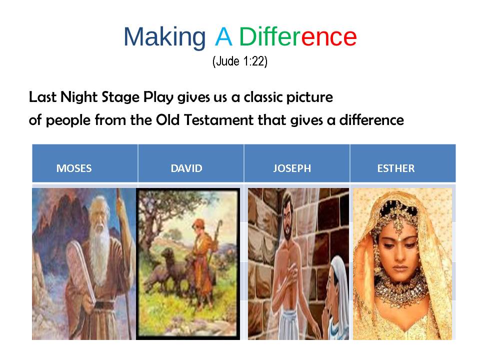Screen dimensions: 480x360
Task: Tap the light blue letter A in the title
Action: (223, 36)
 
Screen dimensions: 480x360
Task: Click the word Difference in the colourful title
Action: (298, 36)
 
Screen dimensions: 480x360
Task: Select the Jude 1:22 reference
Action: (240, 61)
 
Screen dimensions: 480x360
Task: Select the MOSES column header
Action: (74, 168)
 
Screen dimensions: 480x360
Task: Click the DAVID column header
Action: (186, 168)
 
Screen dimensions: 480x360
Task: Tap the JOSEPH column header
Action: (292, 168)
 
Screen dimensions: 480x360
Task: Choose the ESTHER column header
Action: (396, 168)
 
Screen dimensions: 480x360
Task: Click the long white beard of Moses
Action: (99, 251)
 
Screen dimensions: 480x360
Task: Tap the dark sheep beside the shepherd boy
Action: (168, 266)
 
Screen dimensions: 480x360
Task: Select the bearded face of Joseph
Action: (287, 221)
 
